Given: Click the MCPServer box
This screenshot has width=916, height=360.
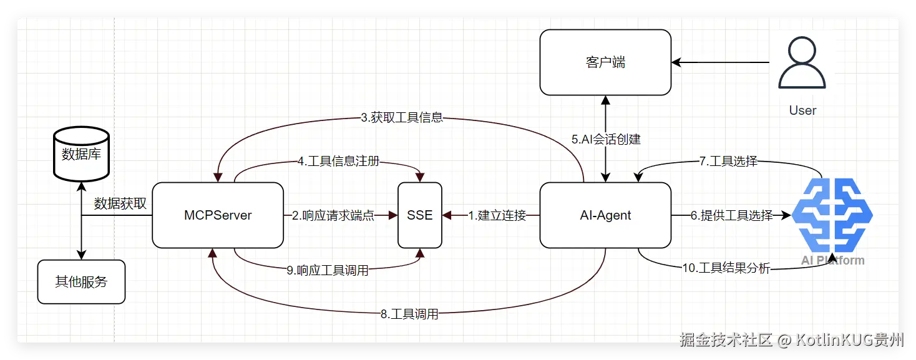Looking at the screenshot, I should click(x=218, y=215).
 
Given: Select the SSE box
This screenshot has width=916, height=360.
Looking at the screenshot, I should click(x=420, y=215).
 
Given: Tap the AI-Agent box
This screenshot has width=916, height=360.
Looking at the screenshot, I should click(x=605, y=215).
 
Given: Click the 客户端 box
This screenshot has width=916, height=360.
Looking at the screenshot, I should click(x=605, y=62).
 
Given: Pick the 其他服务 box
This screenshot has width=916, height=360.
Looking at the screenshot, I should click(x=81, y=282).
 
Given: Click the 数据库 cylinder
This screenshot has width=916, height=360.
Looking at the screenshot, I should click(x=81, y=154).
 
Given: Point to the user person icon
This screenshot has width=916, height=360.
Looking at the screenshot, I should click(x=802, y=64).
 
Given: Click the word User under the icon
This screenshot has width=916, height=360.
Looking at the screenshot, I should click(x=802, y=110).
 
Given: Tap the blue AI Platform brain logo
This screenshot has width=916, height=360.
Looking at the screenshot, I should click(x=832, y=216).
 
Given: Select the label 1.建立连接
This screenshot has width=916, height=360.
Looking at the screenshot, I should click(x=497, y=216).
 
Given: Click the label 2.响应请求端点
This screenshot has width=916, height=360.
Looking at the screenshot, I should click(x=333, y=216).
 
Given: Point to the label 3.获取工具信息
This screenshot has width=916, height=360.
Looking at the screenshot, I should click(x=402, y=117).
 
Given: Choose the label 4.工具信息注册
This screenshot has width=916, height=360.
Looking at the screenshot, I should click(x=338, y=162).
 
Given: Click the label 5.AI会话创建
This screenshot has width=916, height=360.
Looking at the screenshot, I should click(x=606, y=139).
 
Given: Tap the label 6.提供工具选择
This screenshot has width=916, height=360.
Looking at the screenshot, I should click(x=731, y=216).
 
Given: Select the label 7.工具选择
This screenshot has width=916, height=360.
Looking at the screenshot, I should click(x=728, y=162).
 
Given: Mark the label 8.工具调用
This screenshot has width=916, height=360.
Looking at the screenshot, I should click(x=409, y=314).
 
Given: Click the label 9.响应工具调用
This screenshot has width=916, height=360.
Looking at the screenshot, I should click(x=328, y=270).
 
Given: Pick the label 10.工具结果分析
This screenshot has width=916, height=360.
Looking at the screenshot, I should click(x=726, y=268).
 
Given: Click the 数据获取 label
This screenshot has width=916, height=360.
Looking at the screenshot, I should click(x=120, y=203).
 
